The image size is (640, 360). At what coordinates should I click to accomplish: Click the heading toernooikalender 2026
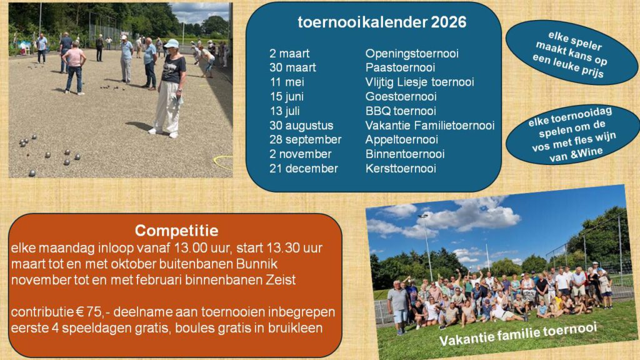click(382, 22)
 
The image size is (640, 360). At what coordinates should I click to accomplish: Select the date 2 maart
click(289, 54)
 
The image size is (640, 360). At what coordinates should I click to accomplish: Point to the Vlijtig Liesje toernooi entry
click(419, 82)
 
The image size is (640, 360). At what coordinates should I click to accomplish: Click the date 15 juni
click(286, 97)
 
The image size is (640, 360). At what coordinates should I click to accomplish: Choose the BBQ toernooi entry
click(401, 111)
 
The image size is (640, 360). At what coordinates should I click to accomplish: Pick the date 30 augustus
click(301, 126)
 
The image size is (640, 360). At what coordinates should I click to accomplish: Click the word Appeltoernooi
click(402, 139)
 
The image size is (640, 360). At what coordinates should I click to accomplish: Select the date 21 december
click(304, 169)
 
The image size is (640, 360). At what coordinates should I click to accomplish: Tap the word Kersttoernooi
click(401, 169)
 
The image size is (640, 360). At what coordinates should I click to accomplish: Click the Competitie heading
click(176, 231)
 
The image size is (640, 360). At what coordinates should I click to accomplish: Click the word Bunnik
click(257, 264)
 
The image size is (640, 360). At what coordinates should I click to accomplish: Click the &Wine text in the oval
click(586, 153)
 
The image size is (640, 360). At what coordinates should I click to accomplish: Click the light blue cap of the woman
click(171, 43)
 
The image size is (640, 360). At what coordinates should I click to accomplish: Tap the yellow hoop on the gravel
click(224, 162)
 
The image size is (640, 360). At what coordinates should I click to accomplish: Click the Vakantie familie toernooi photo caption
click(518, 334)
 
